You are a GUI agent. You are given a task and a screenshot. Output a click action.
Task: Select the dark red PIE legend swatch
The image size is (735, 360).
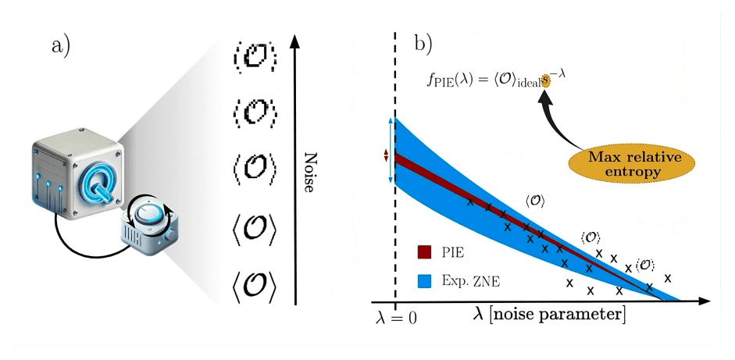[425, 251]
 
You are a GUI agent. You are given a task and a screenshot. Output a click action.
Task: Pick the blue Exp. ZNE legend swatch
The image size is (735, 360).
[425, 280]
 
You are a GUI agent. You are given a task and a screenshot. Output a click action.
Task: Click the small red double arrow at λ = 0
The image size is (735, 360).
[385, 155]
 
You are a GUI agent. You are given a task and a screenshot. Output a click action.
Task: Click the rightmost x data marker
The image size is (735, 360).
[667, 277]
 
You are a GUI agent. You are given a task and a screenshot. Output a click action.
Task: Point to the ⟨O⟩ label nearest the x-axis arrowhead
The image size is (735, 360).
[645, 265]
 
